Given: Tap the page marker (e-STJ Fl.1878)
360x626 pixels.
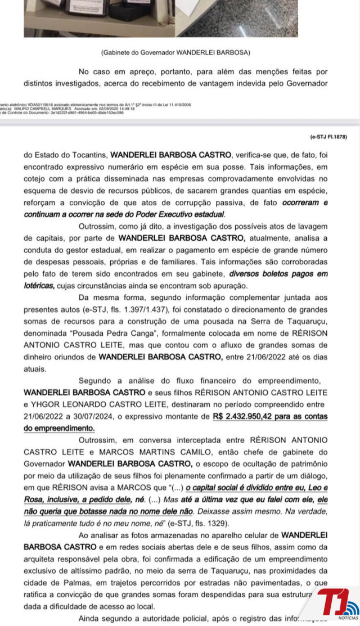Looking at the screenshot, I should pos(328,137).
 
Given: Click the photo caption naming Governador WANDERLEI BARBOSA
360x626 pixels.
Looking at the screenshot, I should pos(175,52).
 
